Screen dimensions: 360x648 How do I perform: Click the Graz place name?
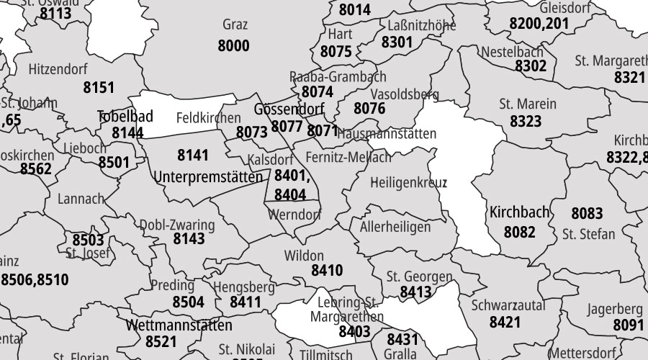(x=235, y=25)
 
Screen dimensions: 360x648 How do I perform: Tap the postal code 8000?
(x=233, y=46)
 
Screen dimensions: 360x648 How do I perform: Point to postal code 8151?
(x=99, y=88)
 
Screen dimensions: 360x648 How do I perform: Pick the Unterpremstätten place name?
(x=208, y=176)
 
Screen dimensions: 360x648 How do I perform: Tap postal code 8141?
(x=192, y=155)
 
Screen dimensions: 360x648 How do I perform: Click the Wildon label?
(x=304, y=256)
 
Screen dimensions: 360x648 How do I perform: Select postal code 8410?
(x=326, y=271)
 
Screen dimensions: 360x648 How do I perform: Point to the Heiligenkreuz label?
(x=408, y=183)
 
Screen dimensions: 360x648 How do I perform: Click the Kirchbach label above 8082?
(x=520, y=213)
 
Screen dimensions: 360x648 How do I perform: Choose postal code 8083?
(x=587, y=214)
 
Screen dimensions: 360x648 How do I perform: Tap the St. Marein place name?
(x=528, y=104)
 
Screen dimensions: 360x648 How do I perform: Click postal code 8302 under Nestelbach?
(x=531, y=66)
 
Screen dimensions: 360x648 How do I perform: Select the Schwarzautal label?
(x=508, y=305)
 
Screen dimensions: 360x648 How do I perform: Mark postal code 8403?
(x=354, y=332)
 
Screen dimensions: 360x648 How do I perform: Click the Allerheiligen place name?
(x=395, y=228)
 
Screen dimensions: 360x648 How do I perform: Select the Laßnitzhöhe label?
(x=421, y=26)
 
